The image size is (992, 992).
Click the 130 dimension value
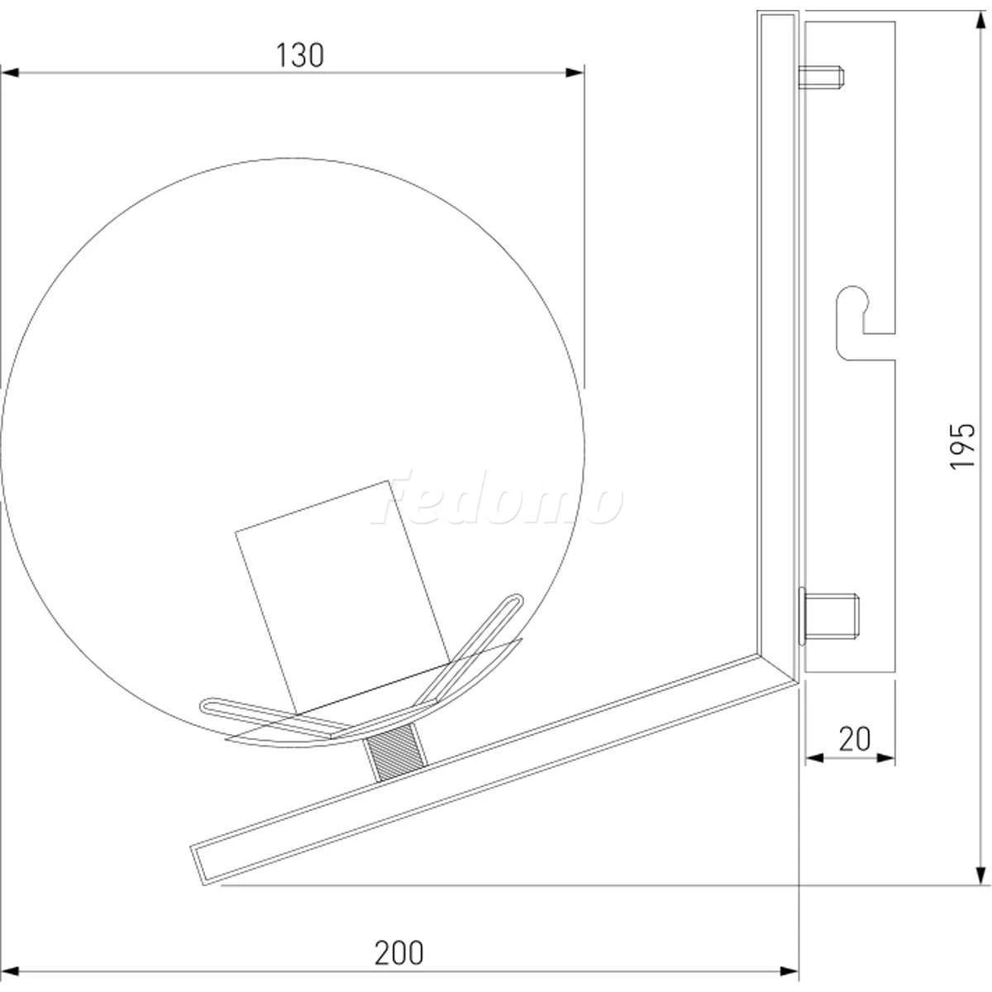point(300,55)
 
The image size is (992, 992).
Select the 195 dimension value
point(962,446)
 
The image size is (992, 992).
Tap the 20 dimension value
point(855,739)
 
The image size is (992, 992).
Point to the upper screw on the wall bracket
point(821,77)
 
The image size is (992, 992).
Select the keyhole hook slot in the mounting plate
point(865,322)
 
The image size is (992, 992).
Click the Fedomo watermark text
point(498,498)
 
